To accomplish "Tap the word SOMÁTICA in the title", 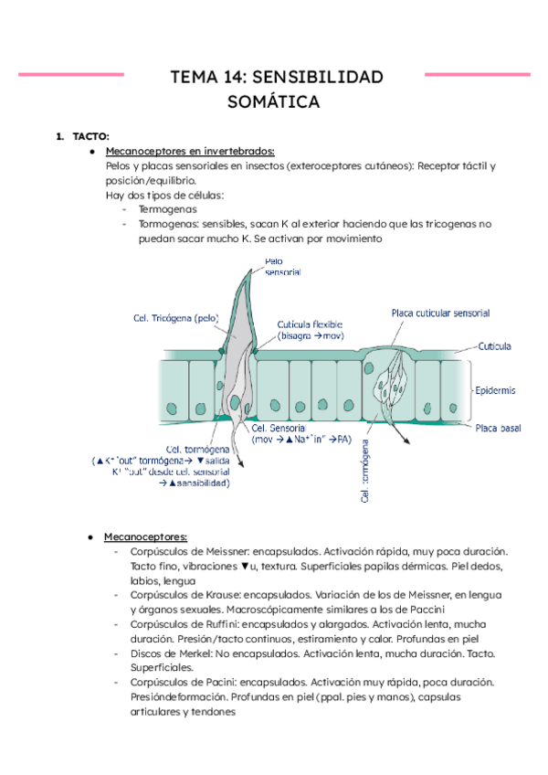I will click(273, 101).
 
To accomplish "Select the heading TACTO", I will click(90, 136).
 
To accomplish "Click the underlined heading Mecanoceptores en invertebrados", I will click(190, 151).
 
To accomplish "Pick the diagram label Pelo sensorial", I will click(282, 266).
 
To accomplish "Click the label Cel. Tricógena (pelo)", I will click(177, 318).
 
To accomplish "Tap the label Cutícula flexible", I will click(310, 325).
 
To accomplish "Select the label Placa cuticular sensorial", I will click(440, 313).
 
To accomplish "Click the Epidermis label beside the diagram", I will click(495, 390).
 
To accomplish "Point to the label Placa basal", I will click(497, 428).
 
